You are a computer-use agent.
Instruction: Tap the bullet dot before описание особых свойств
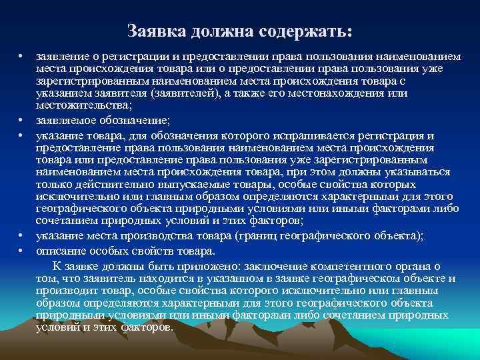21,251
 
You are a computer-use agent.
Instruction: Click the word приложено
195,266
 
